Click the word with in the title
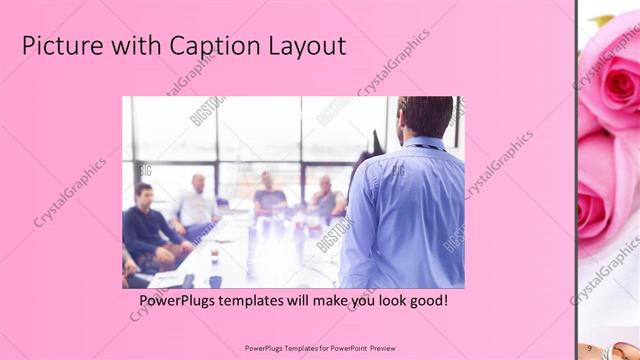coord(121,46)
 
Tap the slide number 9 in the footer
coord(590,348)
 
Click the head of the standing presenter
coord(424,116)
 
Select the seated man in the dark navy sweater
coord(150,226)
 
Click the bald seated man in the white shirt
coord(198,204)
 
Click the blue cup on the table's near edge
coord(214,281)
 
